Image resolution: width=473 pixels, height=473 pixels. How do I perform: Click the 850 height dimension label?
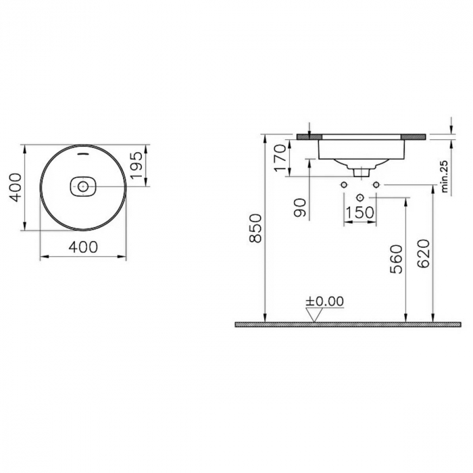point(256,228)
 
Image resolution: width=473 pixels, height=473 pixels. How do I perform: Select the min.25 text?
point(445,178)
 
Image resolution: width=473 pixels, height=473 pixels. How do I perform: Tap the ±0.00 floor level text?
point(325,301)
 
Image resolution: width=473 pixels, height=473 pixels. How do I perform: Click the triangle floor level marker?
point(315,315)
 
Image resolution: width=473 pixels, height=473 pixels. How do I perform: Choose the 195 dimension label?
point(136,165)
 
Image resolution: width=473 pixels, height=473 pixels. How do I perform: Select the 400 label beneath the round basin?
point(84,247)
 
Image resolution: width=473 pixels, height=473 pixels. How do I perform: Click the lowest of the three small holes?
point(359,197)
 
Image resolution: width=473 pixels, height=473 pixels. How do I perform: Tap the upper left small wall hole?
point(344,184)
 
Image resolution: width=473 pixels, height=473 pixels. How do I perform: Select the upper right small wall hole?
point(376,184)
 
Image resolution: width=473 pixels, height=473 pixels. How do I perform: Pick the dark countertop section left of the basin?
point(307,136)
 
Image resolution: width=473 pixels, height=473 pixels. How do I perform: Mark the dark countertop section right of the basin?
point(415,136)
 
